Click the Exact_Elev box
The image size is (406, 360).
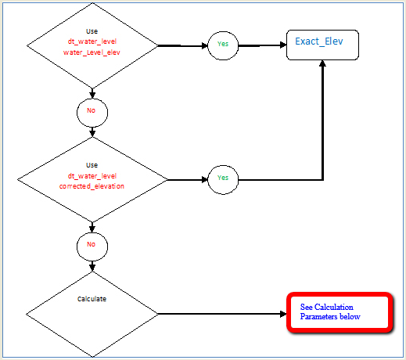[323, 44]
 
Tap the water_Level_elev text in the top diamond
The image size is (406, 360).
[92, 52]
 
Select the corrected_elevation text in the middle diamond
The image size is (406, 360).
[92, 187]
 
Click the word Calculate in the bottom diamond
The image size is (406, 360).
[92, 299]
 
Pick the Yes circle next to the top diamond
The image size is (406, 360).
[222, 45]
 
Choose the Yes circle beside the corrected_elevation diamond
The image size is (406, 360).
[222, 178]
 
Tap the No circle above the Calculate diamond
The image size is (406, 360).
[92, 245]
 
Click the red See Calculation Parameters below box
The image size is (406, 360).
[339, 313]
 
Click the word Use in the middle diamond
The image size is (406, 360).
[92, 165]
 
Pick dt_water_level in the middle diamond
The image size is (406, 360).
[92, 176]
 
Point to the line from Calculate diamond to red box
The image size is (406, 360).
[219, 314]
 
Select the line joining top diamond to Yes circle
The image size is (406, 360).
[181, 45]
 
